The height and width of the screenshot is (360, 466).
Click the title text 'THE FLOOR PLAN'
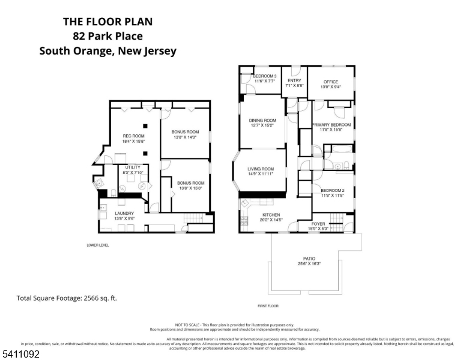[x=108, y=22]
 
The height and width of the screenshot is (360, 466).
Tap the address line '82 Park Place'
[x=108, y=36]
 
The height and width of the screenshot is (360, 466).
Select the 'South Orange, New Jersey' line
[x=108, y=51]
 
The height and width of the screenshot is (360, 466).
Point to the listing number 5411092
[x=20, y=355]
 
